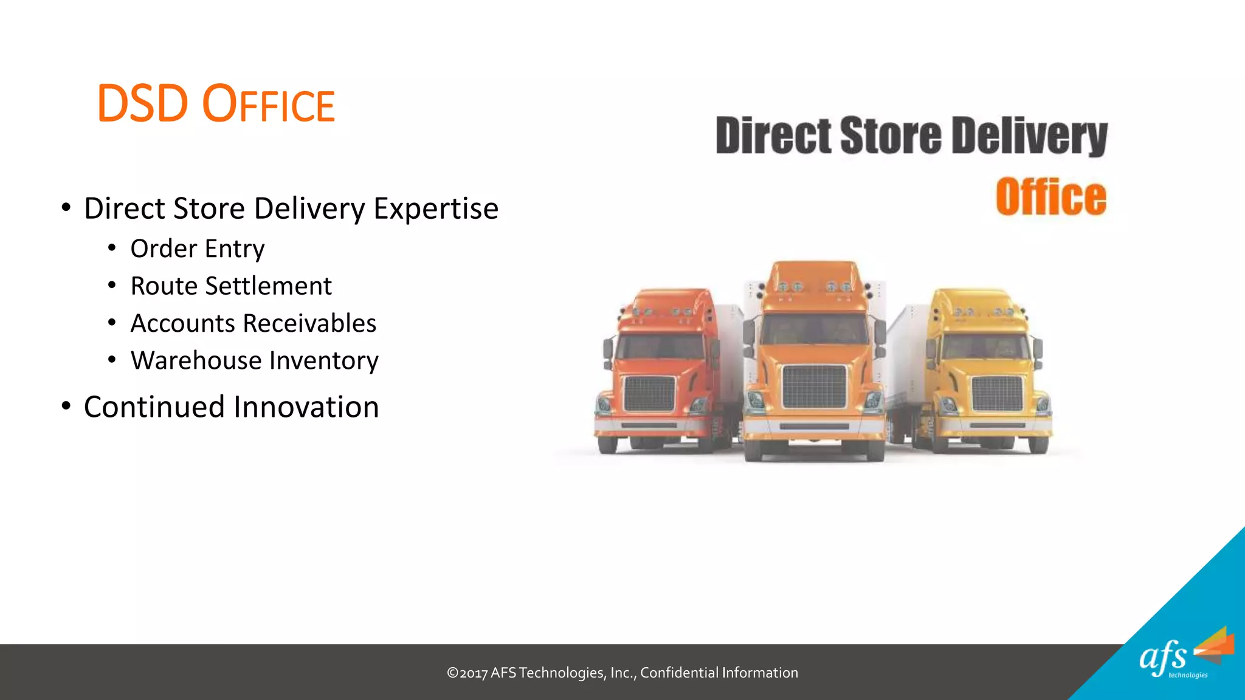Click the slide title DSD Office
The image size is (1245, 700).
pyautogui.click(x=216, y=105)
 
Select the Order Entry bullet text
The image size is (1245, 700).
pyautogui.click(x=198, y=249)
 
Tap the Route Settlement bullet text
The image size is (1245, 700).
pyautogui.click(x=231, y=286)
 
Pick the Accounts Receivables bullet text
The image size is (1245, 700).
pyautogui.click(x=253, y=323)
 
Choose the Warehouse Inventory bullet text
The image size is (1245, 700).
pyautogui.click(x=254, y=360)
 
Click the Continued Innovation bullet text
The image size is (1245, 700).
pyautogui.click(x=231, y=407)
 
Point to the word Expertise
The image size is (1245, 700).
pyautogui.click(x=436, y=208)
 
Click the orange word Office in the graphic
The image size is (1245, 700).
pyautogui.click(x=1050, y=197)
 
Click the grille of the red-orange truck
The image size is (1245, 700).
pyautogui.click(x=649, y=394)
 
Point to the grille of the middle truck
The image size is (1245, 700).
pyautogui.click(x=814, y=386)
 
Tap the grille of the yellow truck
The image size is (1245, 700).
pyautogui.click(x=997, y=393)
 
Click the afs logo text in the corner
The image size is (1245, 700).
pyautogui.click(x=1162, y=657)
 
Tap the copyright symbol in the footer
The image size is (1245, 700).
pyautogui.click(x=452, y=673)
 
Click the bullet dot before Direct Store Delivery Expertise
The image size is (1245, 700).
pyautogui.click(x=66, y=208)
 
